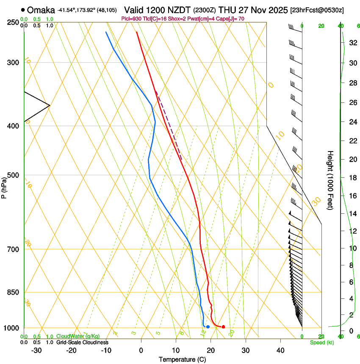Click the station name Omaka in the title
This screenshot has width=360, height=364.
[x=41, y=10]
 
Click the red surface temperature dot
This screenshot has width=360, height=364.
[x=223, y=326]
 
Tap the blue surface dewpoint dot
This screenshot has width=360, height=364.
[x=208, y=327]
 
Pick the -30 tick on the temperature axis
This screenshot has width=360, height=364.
[x=36, y=350]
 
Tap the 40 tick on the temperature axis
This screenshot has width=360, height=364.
[x=280, y=350]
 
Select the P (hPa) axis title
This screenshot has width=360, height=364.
[x=4, y=187]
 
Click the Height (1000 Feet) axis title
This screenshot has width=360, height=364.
[x=330, y=180]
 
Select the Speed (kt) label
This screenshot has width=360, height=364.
[x=321, y=342]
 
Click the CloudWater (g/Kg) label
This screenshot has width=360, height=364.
[x=78, y=336]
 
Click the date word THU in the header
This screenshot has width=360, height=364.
[x=227, y=10]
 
